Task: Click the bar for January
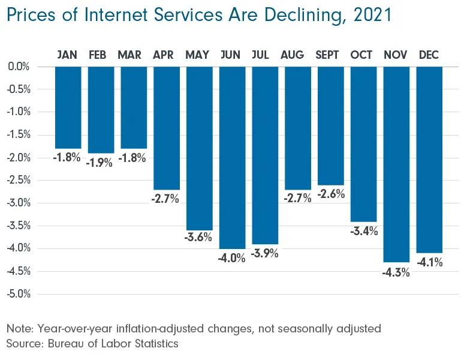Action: click(x=68, y=107)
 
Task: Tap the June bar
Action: click(x=232, y=157)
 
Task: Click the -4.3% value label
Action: click(x=396, y=272)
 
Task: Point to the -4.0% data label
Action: click(x=232, y=259)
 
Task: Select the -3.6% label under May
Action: click(x=199, y=237)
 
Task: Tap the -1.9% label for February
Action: click(x=100, y=163)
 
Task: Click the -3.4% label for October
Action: click(x=364, y=231)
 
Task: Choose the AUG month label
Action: click(x=297, y=55)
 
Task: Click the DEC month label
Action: click(x=429, y=55)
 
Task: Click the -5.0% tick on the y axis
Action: click(x=19, y=294)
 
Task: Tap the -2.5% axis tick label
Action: click(x=19, y=180)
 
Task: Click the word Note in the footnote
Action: click(x=20, y=329)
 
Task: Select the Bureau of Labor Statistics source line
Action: click(x=93, y=344)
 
